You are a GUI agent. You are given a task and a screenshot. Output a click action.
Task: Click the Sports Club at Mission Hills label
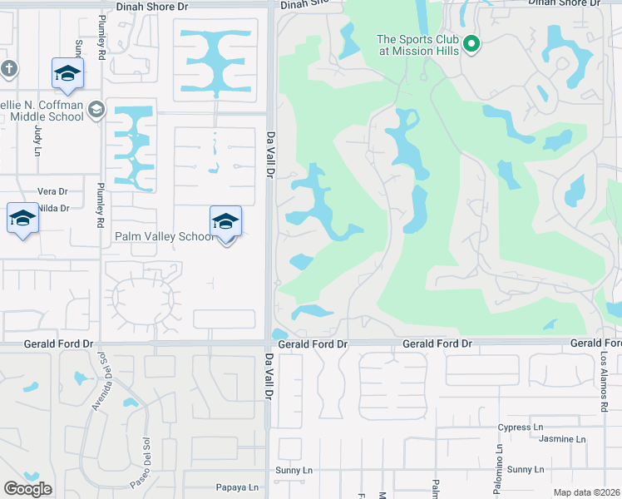pos(417,44)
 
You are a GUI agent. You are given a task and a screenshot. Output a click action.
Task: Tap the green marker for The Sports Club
pos(471,43)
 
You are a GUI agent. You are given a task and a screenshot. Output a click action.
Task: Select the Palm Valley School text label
pos(164,237)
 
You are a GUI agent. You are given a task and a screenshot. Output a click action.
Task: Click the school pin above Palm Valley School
pos(225,221)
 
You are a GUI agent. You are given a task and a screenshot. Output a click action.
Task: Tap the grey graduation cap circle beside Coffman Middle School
pos(96,108)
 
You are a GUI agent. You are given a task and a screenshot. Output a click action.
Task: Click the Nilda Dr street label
pos(53,208)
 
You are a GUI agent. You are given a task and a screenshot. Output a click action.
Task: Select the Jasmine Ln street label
pos(562,439)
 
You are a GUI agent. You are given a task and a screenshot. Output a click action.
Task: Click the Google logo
pos(27,488)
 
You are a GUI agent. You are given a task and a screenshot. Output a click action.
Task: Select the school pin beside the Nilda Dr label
pos(22,220)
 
